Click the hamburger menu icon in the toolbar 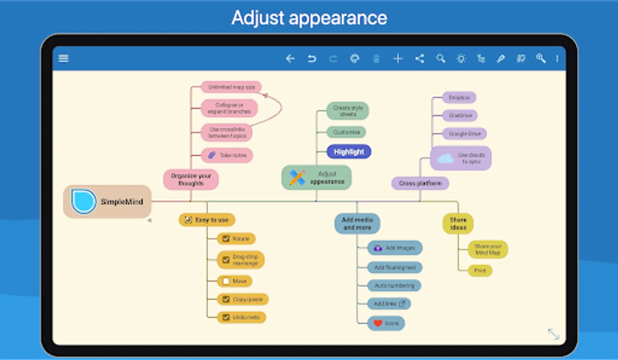pos(64,58)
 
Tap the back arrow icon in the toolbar pos(290,59)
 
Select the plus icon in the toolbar pos(398,59)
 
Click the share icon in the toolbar pos(419,59)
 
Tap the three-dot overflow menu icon pos(557,59)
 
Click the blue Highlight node pos(349,152)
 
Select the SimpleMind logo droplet pos(83,201)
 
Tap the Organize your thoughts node pos(191,179)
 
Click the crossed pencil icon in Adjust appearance pos(297,178)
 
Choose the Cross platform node pos(420,183)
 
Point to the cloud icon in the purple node pos(445,158)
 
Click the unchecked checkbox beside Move pos(226,281)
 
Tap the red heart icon pos(378,323)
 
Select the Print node pos(480,271)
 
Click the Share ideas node pos(458,223)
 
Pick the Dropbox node pos(459,98)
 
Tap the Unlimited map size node pos(231,87)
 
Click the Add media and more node pos(357,223)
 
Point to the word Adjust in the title pos(258,18)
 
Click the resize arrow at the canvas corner pos(554,334)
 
